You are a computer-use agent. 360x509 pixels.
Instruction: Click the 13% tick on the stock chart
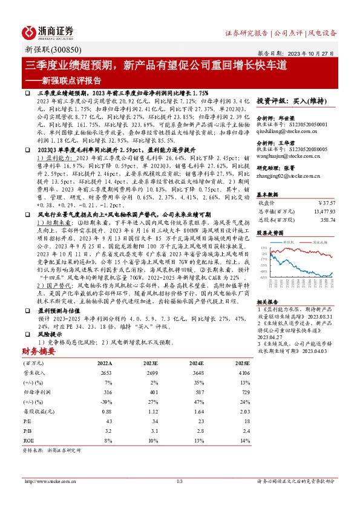[x=264, y=248]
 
